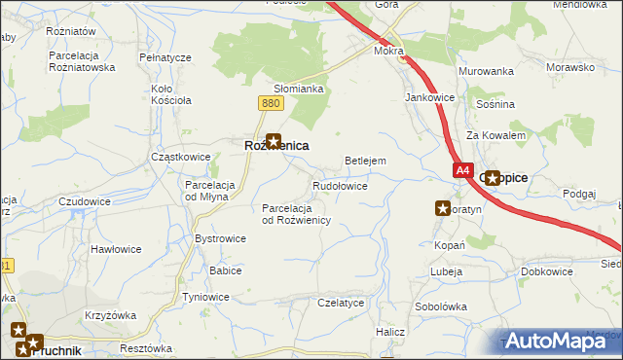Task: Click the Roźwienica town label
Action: pyautogui.click(x=275, y=145)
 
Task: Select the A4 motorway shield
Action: pyautogui.click(x=462, y=169)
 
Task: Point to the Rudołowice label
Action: pyautogui.click(x=339, y=185)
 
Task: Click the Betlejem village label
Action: pyautogui.click(x=366, y=161)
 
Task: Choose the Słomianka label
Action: pyautogui.click(x=298, y=89)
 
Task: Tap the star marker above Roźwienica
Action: pyautogui.click(x=275, y=140)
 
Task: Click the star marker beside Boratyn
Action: pyautogui.click(x=443, y=207)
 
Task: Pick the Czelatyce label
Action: pyautogui.click(x=341, y=303)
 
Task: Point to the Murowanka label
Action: pyautogui.click(x=486, y=71)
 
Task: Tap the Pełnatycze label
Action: pyautogui.click(x=165, y=58)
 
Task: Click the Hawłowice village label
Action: pyautogui.click(x=116, y=249)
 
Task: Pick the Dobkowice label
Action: pyautogui.click(x=547, y=271)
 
